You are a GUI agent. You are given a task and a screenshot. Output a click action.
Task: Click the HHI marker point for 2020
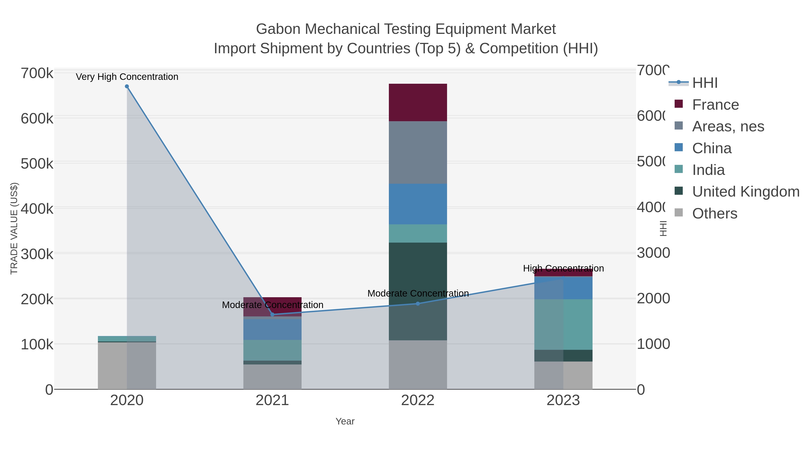point(127,86)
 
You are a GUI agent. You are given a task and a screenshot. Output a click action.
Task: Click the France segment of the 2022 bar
point(418,102)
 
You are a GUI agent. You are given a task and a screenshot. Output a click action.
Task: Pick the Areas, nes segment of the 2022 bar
point(418,153)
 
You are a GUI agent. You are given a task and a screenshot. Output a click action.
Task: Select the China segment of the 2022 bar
point(418,204)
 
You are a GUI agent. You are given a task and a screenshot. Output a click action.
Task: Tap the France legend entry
point(715,105)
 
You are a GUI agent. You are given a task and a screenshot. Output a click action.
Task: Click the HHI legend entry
point(704,83)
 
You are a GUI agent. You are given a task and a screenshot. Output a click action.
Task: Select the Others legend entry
point(714,213)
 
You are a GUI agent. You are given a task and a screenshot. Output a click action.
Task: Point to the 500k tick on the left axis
point(37,164)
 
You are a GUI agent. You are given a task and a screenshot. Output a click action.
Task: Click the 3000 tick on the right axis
point(653,253)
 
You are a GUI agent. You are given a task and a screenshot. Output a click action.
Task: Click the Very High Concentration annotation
point(127,77)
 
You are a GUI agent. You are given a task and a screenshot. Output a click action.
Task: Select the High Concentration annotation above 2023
point(563,268)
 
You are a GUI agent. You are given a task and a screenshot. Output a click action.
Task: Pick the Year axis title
point(345,421)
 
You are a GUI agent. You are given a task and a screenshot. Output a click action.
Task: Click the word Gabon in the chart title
point(278,29)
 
